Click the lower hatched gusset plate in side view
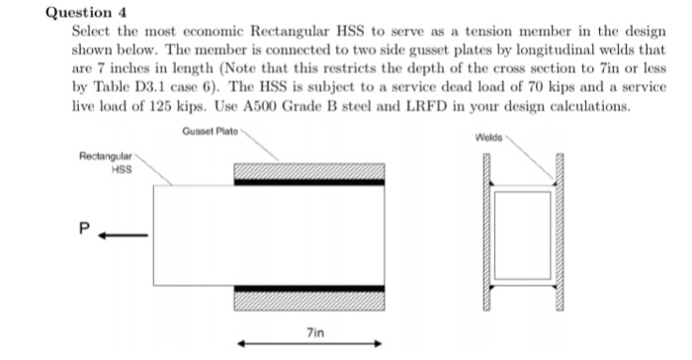click(x=308, y=299)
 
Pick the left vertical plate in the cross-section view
click(x=487, y=234)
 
